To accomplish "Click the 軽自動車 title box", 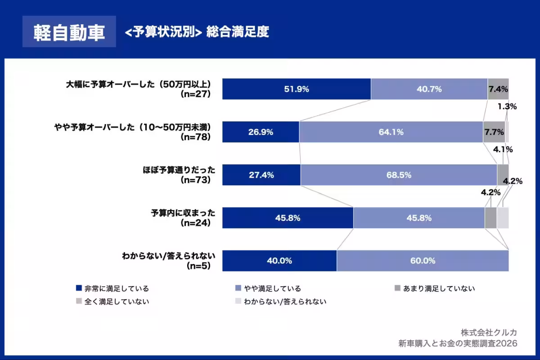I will pos(69,32).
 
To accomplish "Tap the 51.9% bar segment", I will pos(297,89).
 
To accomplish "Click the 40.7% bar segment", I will pos(429,89).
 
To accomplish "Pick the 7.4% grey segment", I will pos(498,89).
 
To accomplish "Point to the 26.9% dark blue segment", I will pos(261,132).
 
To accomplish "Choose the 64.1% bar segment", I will pos(391,132).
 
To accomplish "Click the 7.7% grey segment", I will pos(494,132).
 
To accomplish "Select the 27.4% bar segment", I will pos(261,175).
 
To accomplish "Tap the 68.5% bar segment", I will pos(399,175).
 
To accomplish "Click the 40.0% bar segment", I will pos(279,261).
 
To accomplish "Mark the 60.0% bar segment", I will pos(423,261).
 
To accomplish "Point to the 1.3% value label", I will pos(507,107).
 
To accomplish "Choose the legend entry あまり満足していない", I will pos(434,288).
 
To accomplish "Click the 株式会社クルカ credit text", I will pos(489,333).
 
